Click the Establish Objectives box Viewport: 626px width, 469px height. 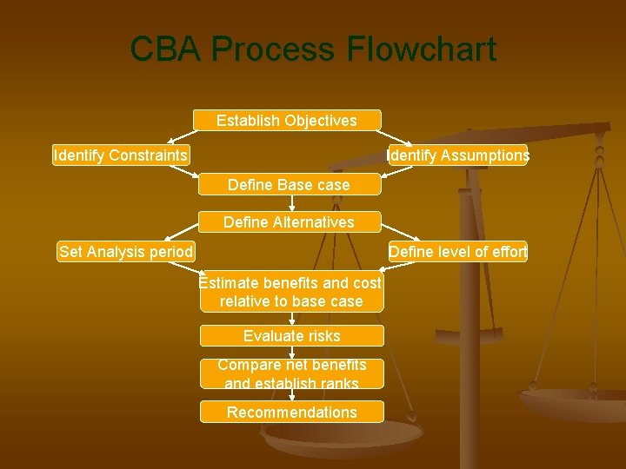287,121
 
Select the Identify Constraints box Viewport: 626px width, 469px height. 121,155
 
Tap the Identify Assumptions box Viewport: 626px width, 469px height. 457,155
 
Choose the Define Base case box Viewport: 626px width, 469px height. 289,185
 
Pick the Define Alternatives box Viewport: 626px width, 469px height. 289,222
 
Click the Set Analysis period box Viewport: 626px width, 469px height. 126,252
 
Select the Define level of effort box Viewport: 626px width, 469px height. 457,252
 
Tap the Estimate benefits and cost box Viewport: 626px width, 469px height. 290,293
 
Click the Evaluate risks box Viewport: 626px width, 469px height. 291,336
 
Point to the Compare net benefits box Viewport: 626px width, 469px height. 291,373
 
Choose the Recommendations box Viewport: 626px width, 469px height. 291,413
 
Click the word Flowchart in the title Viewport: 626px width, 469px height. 422,50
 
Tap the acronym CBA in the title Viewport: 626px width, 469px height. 166,50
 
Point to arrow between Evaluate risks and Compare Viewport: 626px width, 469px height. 291,353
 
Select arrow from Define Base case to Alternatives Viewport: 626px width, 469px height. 291,203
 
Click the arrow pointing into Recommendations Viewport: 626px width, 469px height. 291,395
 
